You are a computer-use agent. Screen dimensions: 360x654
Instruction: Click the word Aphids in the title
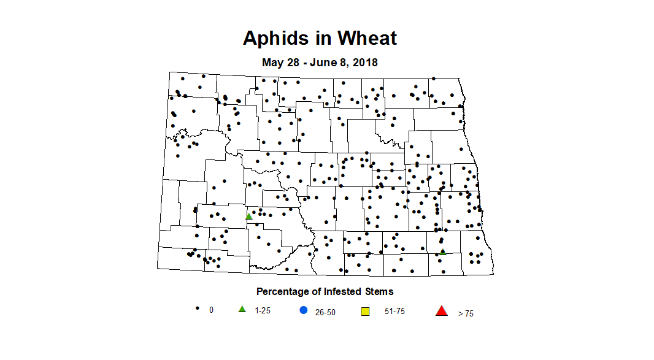point(274,38)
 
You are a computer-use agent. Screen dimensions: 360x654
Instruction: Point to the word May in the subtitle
point(272,62)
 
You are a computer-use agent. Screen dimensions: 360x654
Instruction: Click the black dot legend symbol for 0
point(198,308)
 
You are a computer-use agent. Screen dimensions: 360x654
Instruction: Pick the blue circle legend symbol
point(303,310)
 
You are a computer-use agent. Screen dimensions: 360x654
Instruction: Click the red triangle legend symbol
point(441,311)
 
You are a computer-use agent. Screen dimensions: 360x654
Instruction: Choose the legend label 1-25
point(262,310)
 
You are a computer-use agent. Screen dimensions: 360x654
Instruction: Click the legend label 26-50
point(325,312)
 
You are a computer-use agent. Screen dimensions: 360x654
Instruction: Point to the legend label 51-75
point(394,312)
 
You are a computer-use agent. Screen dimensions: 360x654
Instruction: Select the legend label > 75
point(466,313)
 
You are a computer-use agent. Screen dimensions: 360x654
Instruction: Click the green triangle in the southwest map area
point(248,216)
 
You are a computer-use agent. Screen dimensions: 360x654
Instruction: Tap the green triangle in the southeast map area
point(442,251)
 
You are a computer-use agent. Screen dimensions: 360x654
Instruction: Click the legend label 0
point(211,310)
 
